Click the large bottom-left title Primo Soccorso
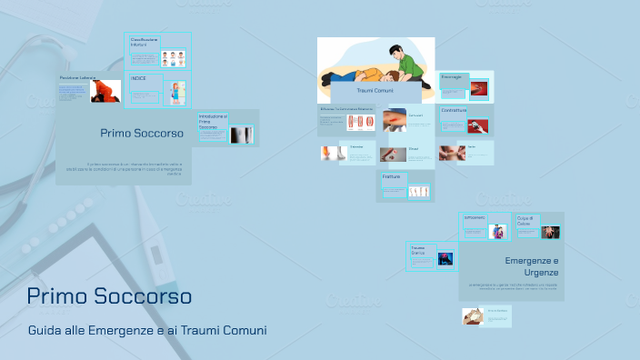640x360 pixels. click(109, 296)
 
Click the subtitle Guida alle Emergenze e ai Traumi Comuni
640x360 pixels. click(147, 330)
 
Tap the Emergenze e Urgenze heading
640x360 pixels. click(532, 266)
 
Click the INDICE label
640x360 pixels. click(138, 78)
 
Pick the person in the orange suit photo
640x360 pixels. click(106, 91)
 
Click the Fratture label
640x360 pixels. click(392, 176)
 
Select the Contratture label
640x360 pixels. click(454, 111)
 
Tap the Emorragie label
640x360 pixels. click(452, 77)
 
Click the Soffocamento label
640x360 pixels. click(475, 218)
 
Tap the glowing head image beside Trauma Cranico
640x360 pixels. click(445, 259)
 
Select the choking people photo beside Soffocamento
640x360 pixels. click(498, 231)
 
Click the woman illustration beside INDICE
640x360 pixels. click(178, 92)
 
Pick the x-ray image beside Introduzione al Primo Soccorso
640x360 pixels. click(241, 135)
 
